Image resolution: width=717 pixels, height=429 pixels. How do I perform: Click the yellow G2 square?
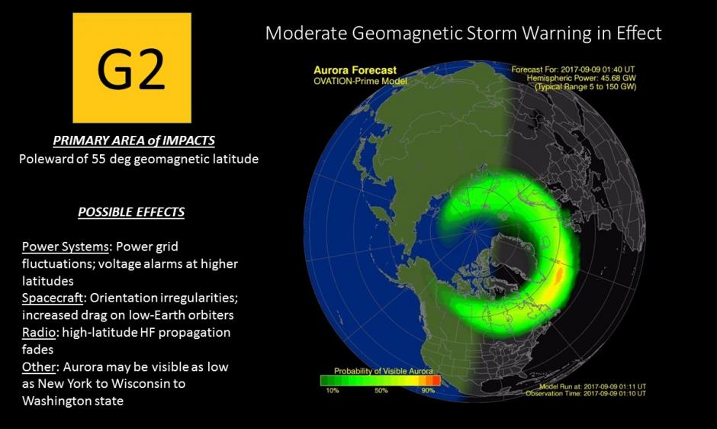pos(132,68)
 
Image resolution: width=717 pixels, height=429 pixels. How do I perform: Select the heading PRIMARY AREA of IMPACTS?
pos(133,140)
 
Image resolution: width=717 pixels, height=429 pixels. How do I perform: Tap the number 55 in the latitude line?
pos(98,159)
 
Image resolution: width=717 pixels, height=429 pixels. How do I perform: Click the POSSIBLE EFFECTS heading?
pos(131,212)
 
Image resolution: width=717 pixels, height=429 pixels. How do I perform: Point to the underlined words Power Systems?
pos(66,247)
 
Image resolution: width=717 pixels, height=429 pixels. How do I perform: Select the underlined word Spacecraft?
pos(53,298)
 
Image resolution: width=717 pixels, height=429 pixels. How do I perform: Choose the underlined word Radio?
pos(38,332)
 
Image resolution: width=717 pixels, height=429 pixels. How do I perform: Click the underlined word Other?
pos(39,366)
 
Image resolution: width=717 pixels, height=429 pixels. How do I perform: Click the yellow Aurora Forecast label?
pos(355,70)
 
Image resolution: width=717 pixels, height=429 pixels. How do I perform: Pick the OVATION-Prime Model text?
pos(360,81)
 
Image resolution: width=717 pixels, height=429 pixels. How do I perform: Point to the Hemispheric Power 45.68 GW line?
pos(581,79)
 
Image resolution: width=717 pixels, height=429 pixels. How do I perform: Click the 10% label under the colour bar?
pos(333,391)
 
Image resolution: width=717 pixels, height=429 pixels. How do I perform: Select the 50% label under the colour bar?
pos(381,391)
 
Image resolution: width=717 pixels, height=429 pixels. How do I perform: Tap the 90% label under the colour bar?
pos(428,391)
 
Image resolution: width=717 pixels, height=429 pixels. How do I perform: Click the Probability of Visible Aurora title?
pos(383,371)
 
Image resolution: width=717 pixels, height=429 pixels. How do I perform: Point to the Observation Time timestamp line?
pos(586,393)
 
